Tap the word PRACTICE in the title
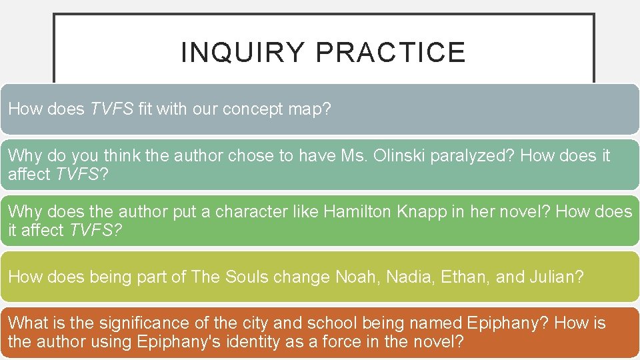[391, 53]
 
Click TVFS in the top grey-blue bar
[112, 109]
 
